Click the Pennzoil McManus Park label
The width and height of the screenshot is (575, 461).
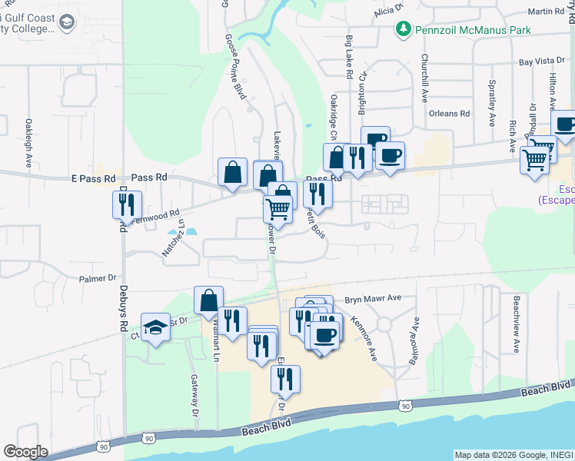[473, 30]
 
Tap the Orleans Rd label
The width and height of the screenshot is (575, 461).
[449, 114]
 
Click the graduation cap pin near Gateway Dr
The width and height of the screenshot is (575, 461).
[156, 327]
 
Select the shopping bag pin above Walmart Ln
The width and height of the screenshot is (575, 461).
[208, 300]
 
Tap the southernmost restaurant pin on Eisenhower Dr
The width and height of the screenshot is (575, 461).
[285, 379]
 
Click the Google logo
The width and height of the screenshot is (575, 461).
[26, 452]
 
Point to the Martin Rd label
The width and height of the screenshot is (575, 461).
[547, 12]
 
